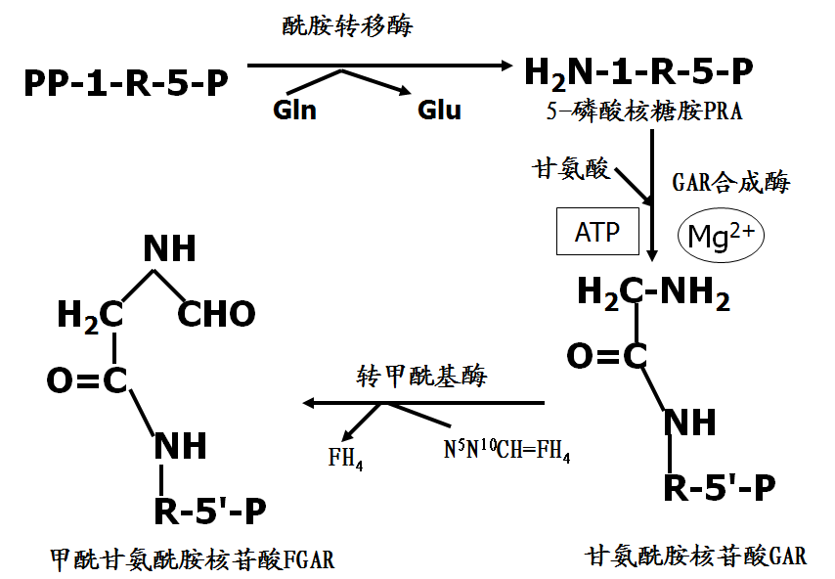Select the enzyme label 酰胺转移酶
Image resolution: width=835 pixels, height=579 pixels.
coord(346,26)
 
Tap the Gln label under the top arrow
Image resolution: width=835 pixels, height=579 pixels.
coord(294,109)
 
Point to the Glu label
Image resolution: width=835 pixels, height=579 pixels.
coord(439,109)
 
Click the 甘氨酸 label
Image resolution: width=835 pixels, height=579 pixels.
coord(570,168)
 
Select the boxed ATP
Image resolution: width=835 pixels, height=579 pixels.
coord(597,233)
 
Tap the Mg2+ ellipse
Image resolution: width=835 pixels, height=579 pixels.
coord(721,236)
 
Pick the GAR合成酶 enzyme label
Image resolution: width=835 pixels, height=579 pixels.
coord(730,182)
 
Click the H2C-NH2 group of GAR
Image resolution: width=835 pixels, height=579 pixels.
coord(653,292)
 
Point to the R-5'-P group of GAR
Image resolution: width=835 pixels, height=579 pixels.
coord(720,487)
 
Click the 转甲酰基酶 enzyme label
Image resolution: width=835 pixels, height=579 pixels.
coord(421,377)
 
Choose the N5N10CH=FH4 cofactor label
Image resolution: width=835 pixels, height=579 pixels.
coord(506,453)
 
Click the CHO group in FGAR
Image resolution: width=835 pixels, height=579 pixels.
coord(217,314)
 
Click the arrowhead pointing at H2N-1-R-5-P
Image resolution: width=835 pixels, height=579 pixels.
coord(505,66)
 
